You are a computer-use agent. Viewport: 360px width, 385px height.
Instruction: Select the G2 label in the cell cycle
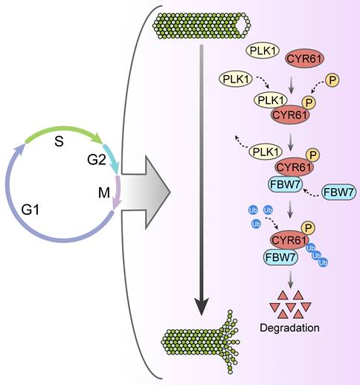tap(88, 160)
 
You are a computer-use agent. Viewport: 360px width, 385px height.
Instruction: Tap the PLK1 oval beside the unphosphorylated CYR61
tap(263, 50)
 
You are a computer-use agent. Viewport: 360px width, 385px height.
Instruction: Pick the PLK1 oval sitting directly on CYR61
tap(274, 100)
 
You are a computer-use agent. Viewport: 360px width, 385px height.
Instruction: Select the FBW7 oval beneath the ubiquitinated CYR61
tap(281, 256)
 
